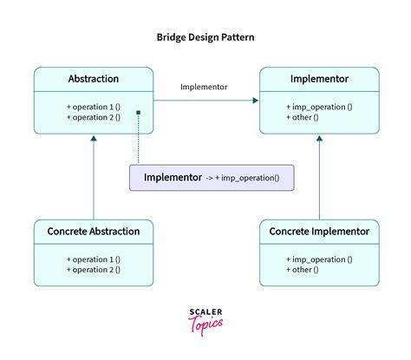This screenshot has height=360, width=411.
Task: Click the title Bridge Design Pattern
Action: (205, 38)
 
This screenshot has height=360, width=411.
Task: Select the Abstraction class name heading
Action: (93, 79)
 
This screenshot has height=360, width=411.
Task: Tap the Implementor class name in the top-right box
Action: (319, 79)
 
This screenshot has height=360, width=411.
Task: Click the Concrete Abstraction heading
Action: (93, 232)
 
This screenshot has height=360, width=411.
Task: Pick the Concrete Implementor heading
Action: (319, 232)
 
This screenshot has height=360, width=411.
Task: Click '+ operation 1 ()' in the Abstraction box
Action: (93, 106)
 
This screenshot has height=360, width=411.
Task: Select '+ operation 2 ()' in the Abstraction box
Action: (93, 117)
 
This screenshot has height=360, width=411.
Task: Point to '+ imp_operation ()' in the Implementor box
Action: (319, 106)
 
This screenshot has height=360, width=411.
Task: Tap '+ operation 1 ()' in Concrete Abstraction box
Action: (93, 259)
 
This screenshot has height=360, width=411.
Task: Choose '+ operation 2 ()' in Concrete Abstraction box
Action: (93, 270)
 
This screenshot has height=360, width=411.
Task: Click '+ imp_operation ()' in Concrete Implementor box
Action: (319, 259)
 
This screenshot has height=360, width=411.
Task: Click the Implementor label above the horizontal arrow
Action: (205, 87)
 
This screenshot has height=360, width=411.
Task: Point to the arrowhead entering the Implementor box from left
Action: (256, 101)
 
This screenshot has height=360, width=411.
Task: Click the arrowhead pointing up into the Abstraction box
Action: (93, 141)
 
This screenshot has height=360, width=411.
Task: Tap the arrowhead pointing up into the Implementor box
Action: (319, 141)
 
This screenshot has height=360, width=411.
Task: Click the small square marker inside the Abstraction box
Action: (139, 113)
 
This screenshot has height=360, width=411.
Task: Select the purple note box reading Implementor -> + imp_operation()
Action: (211, 178)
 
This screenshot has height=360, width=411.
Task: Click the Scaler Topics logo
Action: (205, 318)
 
